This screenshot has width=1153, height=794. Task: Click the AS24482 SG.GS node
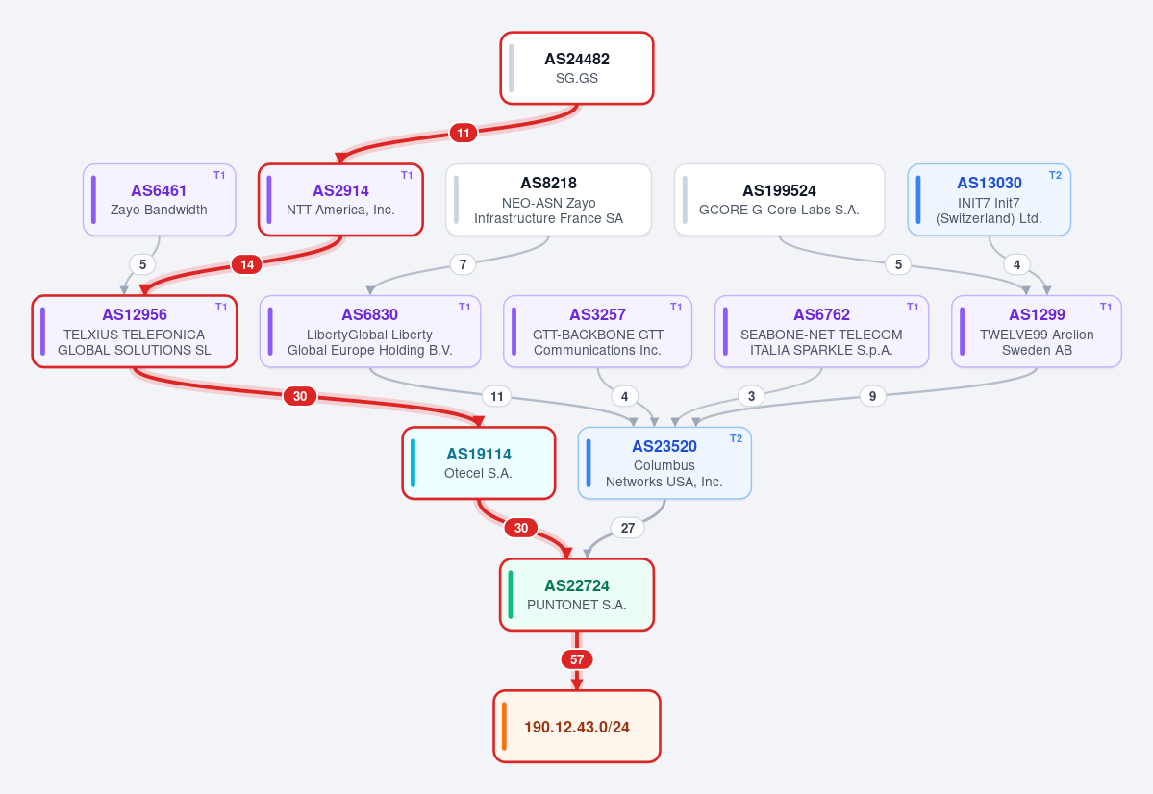click(577, 68)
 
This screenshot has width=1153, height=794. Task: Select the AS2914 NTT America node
click(340, 200)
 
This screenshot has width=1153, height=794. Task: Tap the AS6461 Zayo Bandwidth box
click(159, 200)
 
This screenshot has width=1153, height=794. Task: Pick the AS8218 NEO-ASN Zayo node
click(548, 200)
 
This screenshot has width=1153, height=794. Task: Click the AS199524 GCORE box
click(780, 200)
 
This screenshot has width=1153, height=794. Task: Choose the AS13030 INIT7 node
click(989, 200)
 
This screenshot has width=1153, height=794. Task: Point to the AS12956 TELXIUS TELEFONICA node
click(135, 332)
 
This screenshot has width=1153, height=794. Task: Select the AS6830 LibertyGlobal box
click(370, 332)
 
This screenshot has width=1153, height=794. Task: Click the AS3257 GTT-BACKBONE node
click(598, 332)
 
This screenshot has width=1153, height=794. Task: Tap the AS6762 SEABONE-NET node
click(821, 332)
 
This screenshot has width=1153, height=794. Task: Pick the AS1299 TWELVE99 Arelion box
click(1037, 332)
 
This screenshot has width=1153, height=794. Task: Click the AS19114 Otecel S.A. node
click(479, 463)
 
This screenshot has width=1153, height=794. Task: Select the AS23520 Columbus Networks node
click(664, 463)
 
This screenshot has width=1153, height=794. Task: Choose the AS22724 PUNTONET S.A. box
click(577, 595)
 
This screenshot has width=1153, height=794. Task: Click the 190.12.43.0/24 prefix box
click(577, 727)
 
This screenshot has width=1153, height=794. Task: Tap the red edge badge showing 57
click(577, 659)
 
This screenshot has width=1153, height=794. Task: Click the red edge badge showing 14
click(247, 264)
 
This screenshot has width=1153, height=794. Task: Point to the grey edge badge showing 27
click(628, 528)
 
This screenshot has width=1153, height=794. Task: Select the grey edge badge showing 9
click(873, 396)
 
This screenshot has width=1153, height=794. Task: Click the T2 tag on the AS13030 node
click(1055, 175)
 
